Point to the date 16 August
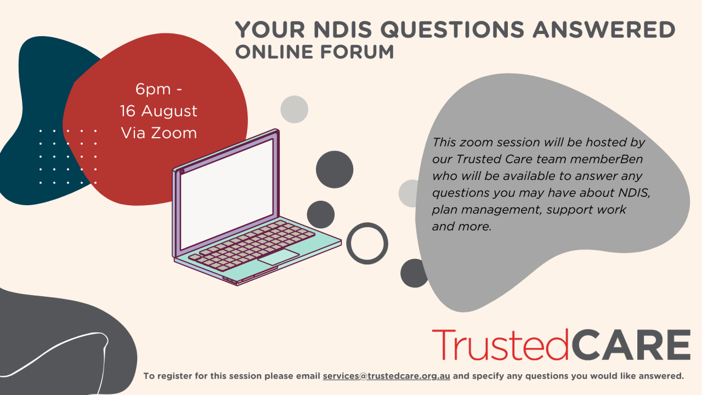pyautogui.click(x=158, y=111)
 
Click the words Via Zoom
pyautogui.click(x=158, y=133)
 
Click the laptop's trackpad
pyautogui.click(x=278, y=257)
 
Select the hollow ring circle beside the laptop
pyautogui.click(x=367, y=243)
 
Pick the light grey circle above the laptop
pyautogui.click(x=295, y=109)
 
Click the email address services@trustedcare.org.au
pyautogui.click(x=386, y=376)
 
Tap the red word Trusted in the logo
pyautogui.click(x=500, y=345)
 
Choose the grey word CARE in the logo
pyautogui.click(x=630, y=345)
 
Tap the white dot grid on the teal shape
pyautogui.click(x=68, y=157)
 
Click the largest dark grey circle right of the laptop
pyautogui.click(x=335, y=170)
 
